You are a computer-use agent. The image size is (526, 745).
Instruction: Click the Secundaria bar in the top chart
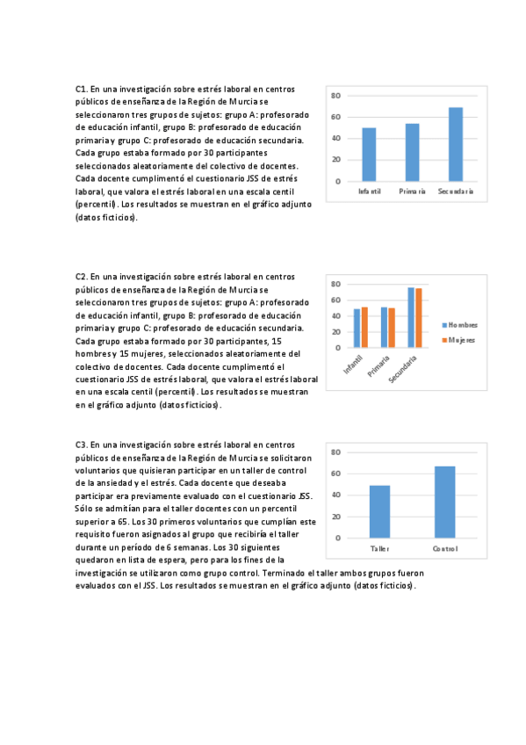click(456, 144)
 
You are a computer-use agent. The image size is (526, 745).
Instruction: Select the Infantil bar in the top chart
click(369, 155)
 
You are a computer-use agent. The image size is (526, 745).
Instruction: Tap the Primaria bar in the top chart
click(412, 152)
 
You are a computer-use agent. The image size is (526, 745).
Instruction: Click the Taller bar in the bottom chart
click(379, 511)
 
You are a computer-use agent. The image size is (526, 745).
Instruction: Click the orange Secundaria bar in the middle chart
click(419, 317)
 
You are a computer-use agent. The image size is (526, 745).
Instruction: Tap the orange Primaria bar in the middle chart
click(392, 328)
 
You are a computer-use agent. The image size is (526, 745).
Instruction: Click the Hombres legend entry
click(461, 325)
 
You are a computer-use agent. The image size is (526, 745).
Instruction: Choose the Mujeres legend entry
click(461, 339)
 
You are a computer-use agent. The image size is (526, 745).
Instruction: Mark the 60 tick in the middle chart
click(335, 300)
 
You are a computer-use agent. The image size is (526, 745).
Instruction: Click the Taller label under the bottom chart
click(379, 550)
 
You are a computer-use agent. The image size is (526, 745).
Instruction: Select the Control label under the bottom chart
click(444, 550)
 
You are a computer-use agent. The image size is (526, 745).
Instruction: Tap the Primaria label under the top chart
click(412, 192)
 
